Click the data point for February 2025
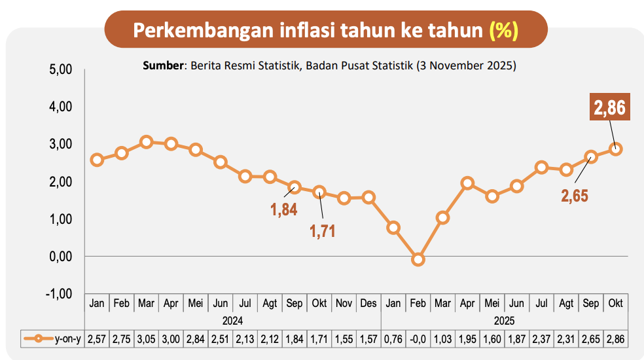click(x=418, y=259)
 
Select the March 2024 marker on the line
click(x=147, y=141)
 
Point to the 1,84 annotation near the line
click(x=285, y=210)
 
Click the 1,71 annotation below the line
click(x=322, y=231)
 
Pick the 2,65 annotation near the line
click(x=575, y=196)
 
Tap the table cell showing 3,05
click(x=147, y=339)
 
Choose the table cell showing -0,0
click(x=418, y=339)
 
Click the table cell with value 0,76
click(x=393, y=339)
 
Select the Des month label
click(x=368, y=304)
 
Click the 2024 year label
click(x=232, y=321)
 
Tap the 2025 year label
click(x=504, y=321)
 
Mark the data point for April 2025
click(x=467, y=183)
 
